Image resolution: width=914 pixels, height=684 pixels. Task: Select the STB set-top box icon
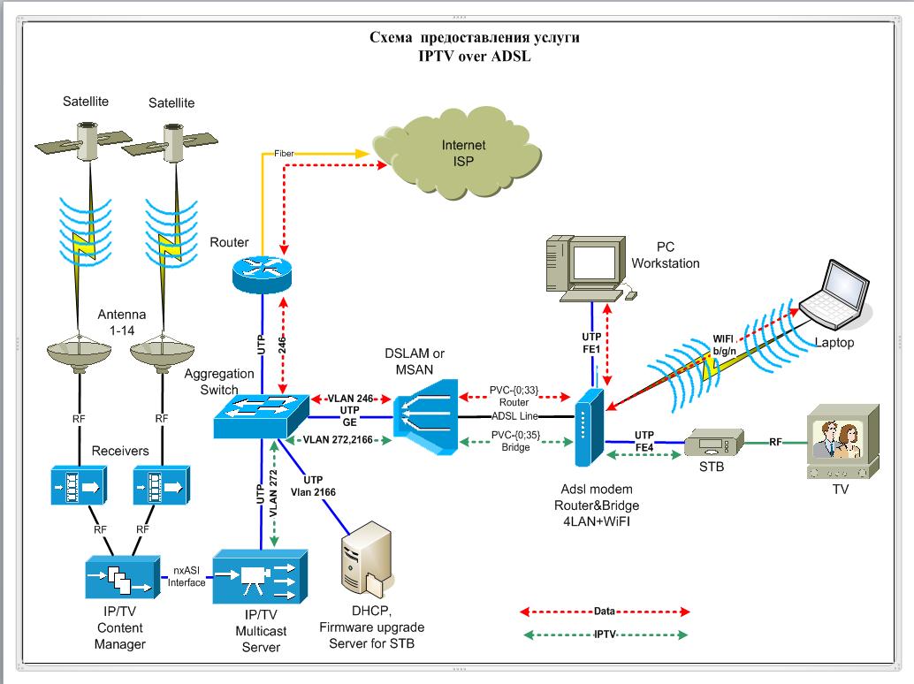[x=713, y=442]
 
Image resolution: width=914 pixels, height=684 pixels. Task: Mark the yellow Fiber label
[x=285, y=154]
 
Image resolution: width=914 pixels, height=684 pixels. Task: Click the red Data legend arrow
[x=604, y=611]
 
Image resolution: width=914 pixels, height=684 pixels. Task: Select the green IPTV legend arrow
[x=604, y=635]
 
